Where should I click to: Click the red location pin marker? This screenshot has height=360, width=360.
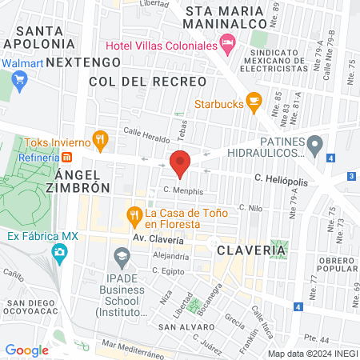(x=180, y=163)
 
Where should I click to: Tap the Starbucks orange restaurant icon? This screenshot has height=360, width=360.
(x=254, y=102)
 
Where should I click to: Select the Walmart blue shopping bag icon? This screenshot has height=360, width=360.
(x=20, y=79)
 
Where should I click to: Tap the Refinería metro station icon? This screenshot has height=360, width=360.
(x=67, y=157)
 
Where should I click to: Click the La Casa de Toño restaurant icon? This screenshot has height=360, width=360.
(x=134, y=214)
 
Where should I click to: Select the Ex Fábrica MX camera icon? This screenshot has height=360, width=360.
(x=59, y=254)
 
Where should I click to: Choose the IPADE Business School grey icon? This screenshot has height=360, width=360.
(x=122, y=258)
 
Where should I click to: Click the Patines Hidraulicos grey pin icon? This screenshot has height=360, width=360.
(x=315, y=146)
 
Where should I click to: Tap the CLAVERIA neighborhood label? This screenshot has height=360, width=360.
(x=250, y=250)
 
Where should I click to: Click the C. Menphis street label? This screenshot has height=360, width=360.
(x=182, y=191)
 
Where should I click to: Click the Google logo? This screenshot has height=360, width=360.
(x=26, y=350)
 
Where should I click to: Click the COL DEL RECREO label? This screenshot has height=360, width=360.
(x=130, y=82)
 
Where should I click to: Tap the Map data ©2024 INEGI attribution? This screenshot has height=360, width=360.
(x=312, y=354)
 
